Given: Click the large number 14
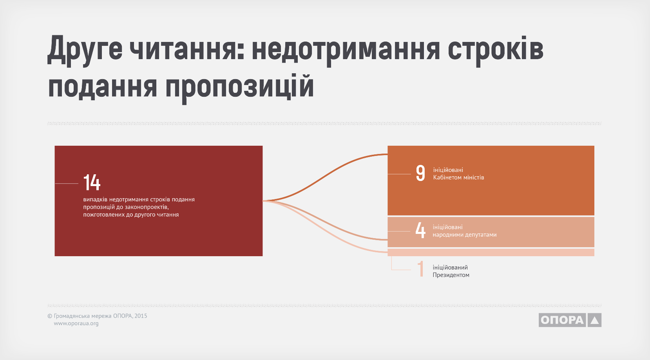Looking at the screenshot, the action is coord(92,182).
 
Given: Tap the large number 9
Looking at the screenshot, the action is coord(420,173).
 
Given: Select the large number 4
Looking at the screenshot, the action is coord(420,230).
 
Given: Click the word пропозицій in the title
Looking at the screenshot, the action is coord(240,87).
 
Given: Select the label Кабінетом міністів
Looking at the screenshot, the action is coord(458,177).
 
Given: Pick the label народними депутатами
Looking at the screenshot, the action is coord(465,235).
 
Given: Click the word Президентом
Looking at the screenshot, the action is coord(451,275).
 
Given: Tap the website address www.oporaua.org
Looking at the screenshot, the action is coord(76,324).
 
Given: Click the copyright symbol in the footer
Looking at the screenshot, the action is coord(50,316).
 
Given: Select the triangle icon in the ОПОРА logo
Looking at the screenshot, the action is coord(595,320).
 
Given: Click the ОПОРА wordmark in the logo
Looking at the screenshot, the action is coord(562,320).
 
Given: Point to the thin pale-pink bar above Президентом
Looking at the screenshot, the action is coord(491,252).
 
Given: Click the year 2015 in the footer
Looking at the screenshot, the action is coord(141,316).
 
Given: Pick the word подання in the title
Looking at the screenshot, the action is coord(103,87).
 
